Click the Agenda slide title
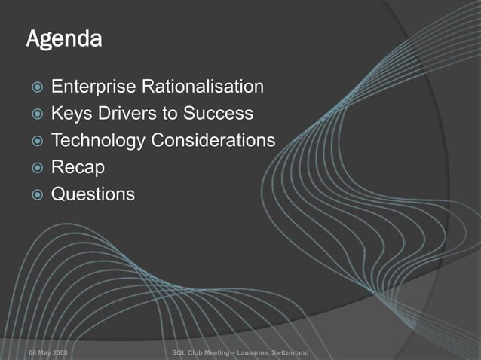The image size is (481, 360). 63,39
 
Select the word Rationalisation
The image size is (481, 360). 204,87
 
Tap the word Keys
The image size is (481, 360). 72,114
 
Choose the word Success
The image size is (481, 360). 219,114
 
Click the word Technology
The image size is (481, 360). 98,141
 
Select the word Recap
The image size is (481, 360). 77,168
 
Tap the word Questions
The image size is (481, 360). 93,194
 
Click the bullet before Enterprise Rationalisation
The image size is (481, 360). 33,88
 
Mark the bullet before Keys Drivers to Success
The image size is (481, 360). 33,115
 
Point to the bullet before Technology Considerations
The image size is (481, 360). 33,142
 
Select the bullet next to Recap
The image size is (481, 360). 33,168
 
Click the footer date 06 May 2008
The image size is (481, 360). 47,352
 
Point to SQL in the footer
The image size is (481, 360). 179,352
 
